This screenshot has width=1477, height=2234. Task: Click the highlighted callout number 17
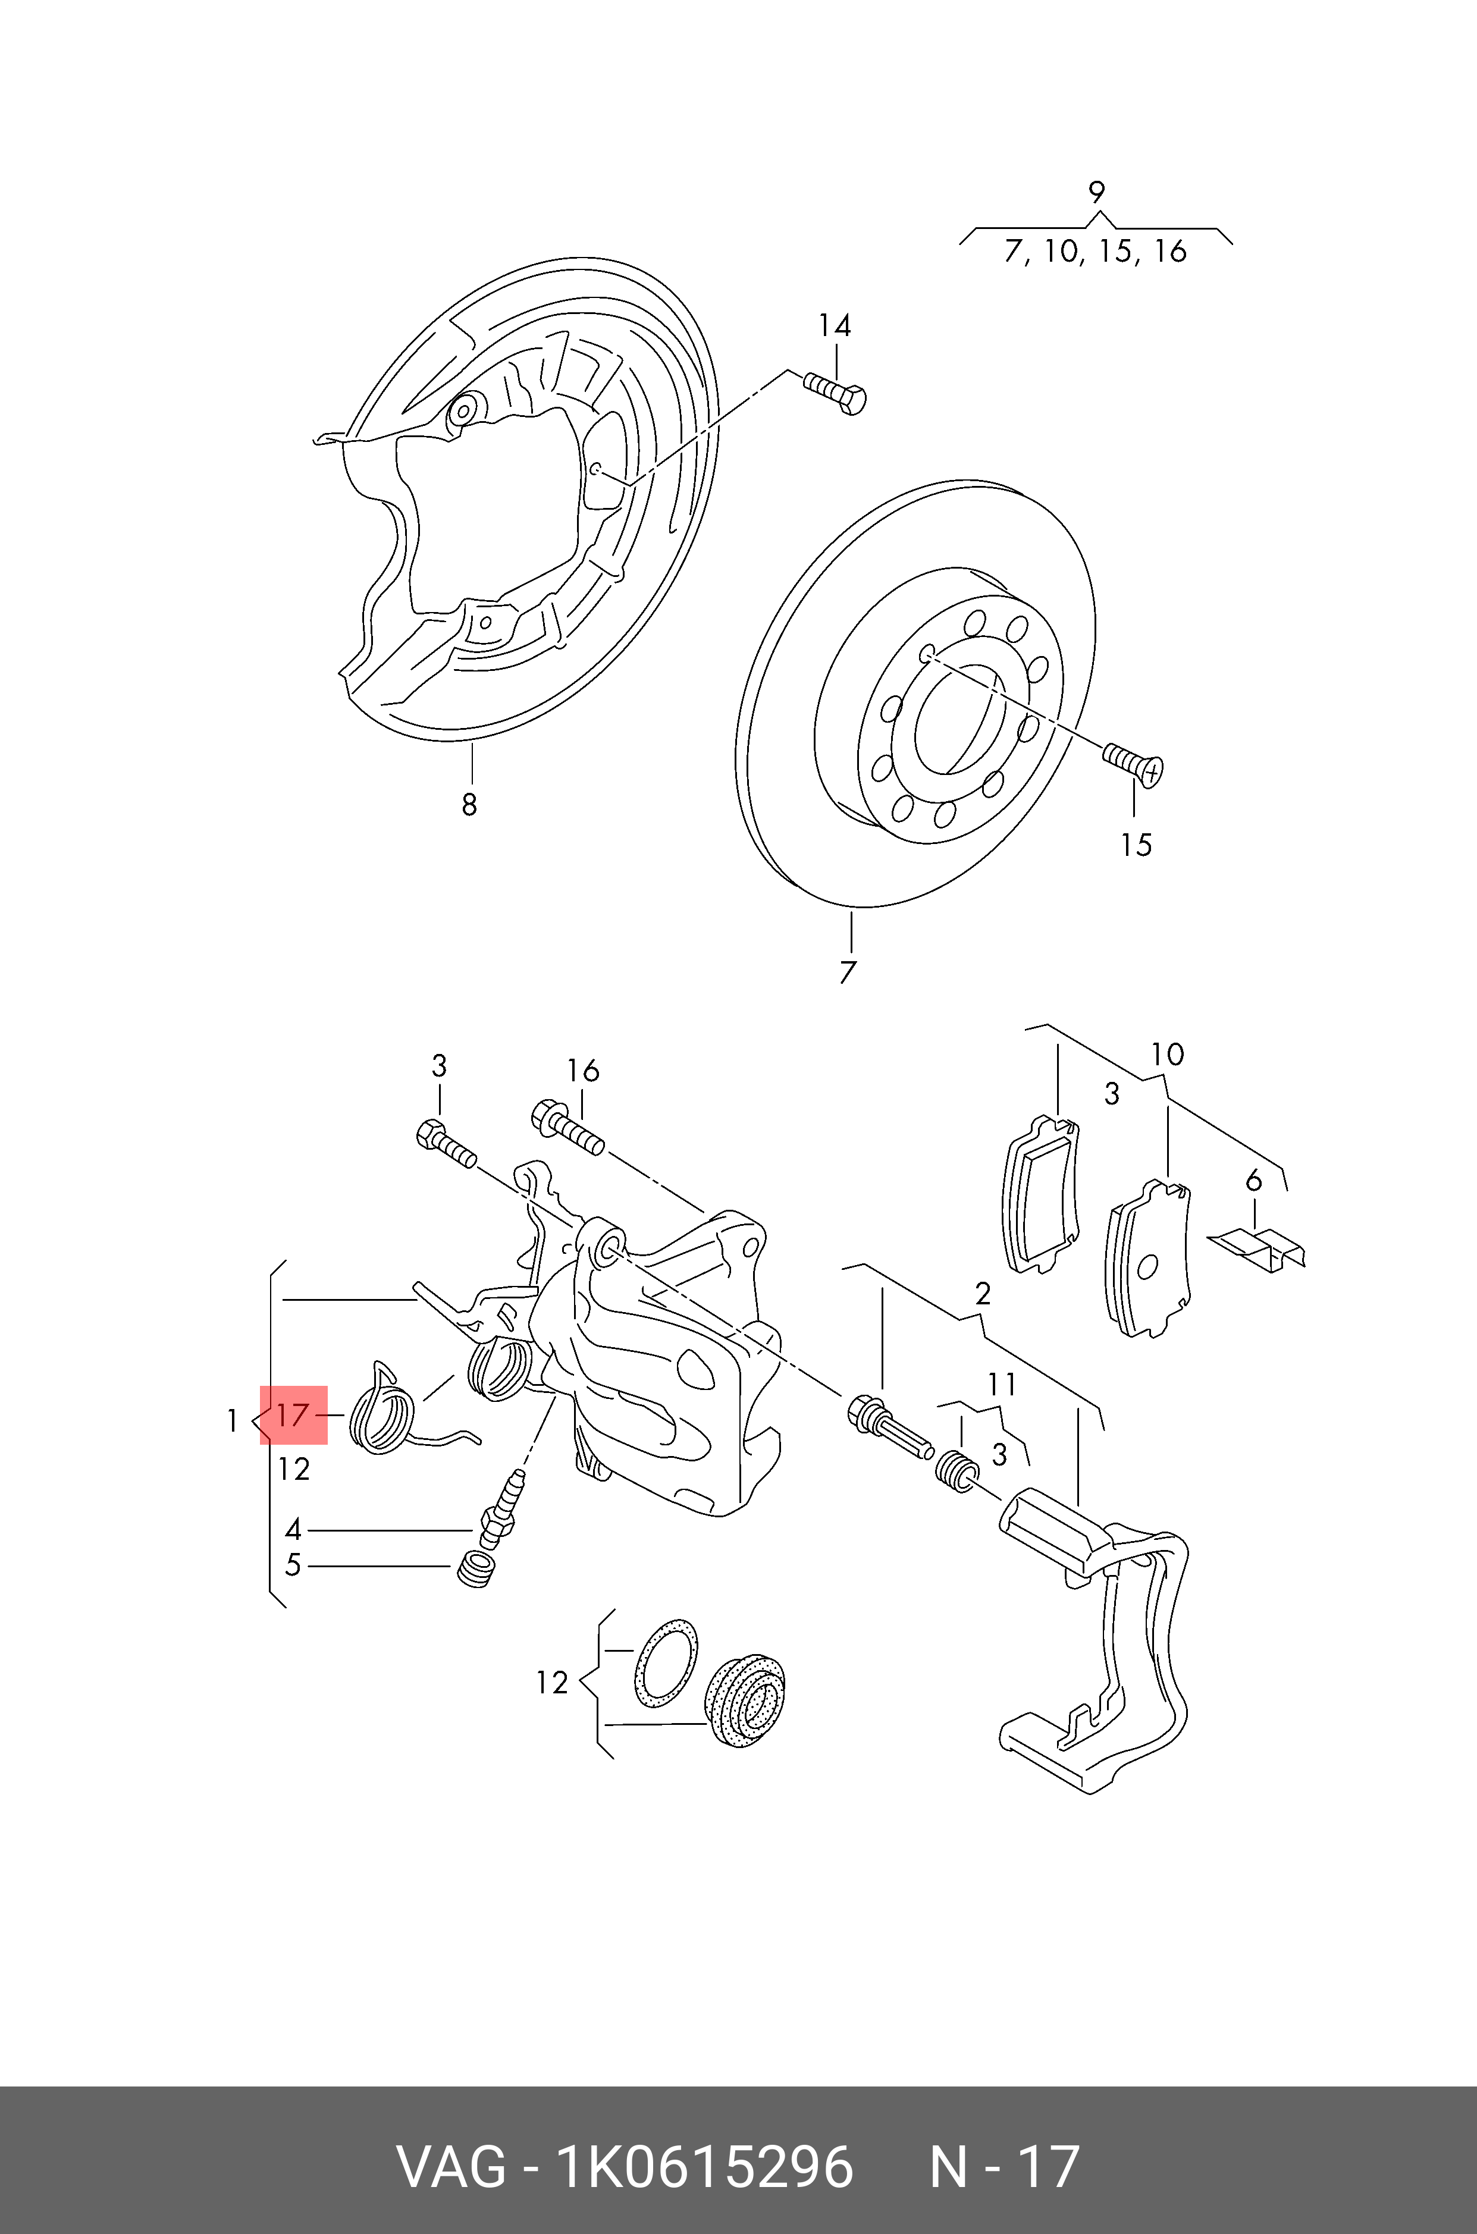(293, 1414)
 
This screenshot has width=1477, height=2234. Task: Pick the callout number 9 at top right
(1096, 193)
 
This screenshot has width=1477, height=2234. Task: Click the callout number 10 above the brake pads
(1167, 1055)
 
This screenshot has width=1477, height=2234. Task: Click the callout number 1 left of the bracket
(232, 1420)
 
